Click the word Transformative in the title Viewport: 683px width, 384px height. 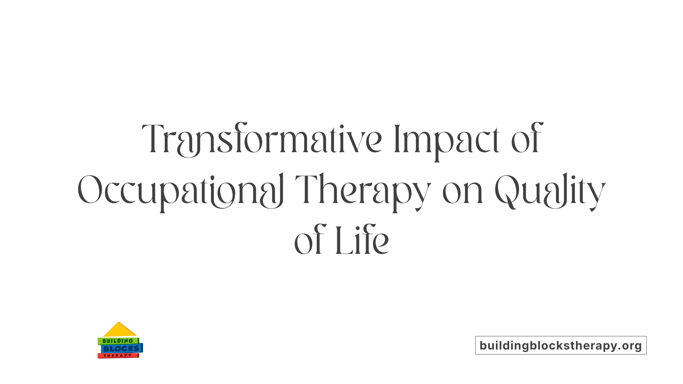tap(261, 139)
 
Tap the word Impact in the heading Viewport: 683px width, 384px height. tap(446, 139)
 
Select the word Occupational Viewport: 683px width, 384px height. tap(181, 190)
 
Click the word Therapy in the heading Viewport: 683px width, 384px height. tap(363, 190)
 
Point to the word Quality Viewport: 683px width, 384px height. tap(550, 190)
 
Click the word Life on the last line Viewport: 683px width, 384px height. tap(362, 241)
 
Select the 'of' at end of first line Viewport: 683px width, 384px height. tap(526, 139)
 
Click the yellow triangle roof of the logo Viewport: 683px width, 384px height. tap(119, 330)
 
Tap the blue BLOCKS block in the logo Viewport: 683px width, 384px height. tap(121, 349)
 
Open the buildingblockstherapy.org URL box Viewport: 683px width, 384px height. tap(561, 345)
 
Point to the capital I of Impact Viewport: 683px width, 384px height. tap(397, 139)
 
